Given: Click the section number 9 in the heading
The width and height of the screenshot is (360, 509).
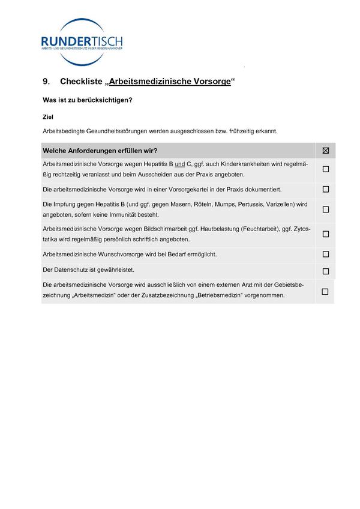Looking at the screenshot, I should (x=46, y=81).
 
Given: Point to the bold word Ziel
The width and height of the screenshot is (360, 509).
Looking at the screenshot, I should (x=48, y=117).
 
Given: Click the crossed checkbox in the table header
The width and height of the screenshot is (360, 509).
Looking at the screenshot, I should (x=326, y=151).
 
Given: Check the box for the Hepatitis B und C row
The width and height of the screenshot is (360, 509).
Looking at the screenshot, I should (x=326, y=169).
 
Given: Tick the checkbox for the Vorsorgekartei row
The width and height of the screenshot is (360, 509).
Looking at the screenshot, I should (x=326, y=189).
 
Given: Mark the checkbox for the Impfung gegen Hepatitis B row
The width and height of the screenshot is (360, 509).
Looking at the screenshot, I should (x=326, y=209).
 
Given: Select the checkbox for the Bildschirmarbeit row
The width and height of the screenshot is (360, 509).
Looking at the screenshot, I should (x=326, y=234).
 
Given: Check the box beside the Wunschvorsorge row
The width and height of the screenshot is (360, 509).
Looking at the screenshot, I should (x=326, y=254).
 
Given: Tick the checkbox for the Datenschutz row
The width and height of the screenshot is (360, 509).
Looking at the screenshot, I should (x=326, y=271).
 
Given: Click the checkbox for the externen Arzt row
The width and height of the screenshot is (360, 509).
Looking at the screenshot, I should (x=325, y=292).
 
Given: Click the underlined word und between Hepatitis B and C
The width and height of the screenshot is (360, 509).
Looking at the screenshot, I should (x=179, y=163).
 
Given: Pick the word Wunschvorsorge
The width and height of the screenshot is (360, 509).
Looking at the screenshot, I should (x=125, y=254).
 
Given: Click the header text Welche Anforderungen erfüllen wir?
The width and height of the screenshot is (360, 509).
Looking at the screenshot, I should (x=100, y=151).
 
